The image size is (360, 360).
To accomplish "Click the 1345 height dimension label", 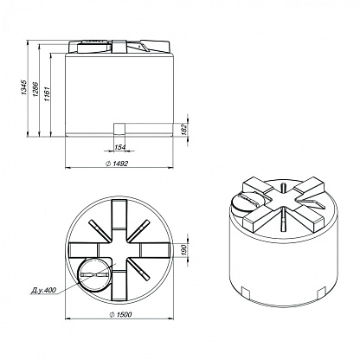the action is coord(24,87).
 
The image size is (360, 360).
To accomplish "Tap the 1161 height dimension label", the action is coord(47,93).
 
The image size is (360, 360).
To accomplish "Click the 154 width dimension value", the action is coord(120,147).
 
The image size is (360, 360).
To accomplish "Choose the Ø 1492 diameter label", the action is coord(117,164).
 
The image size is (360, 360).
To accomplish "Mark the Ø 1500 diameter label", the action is coord(120,314).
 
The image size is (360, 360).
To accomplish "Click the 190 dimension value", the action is coord(185,248).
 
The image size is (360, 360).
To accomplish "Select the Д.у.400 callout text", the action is coord(43,290).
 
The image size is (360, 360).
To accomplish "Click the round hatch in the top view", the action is coord(94,274).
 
